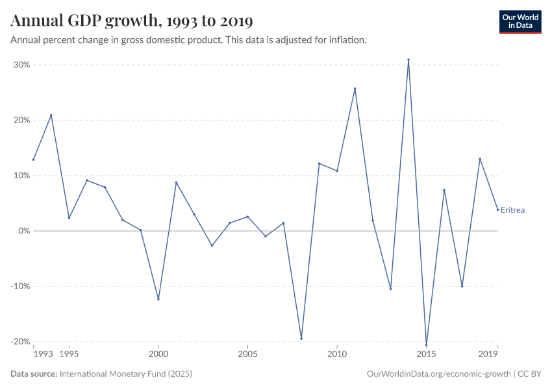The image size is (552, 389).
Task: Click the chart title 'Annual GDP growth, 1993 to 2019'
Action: pos(123,21)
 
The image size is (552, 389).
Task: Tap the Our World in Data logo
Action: pos(520,21)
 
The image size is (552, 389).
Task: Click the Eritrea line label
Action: pos(512,210)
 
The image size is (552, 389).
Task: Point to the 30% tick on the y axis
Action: pos(22,65)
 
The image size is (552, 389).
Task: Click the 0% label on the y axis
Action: pos(25,231)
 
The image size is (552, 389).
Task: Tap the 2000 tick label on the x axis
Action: pos(158,355)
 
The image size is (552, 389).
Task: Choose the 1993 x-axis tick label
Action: pos(43,355)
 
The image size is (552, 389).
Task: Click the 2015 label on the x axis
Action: pos(426,355)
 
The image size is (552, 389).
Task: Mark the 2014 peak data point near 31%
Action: pos(408,60)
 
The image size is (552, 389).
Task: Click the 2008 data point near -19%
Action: pos(301,338)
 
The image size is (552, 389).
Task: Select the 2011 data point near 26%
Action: pos(355,89)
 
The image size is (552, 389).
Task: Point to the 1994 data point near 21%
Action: pos(51,115)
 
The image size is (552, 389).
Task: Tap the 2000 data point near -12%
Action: pos(158,299)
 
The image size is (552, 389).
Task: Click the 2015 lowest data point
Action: pos(426,345)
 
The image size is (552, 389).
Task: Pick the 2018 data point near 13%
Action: pos(480,159)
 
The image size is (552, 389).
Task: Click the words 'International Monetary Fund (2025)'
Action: pos(125,374)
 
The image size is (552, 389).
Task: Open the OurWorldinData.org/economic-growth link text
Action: pos(439,374)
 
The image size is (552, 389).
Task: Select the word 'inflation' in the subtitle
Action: pos(347,40)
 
